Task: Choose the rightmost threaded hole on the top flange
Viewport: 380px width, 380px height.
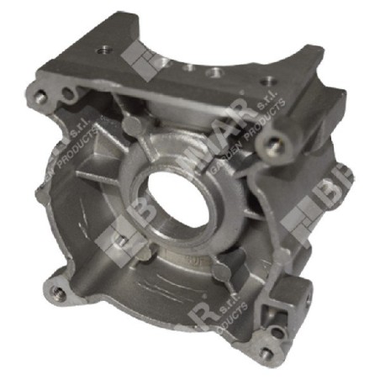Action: click(268, 82)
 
